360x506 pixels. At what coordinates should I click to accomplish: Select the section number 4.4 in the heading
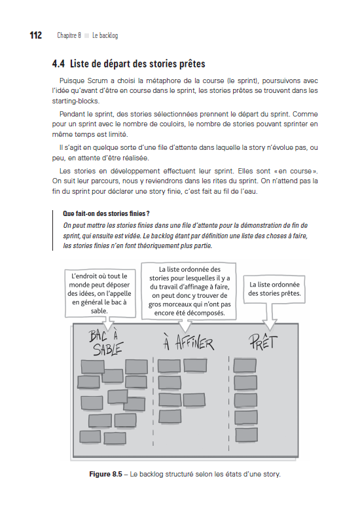[x=58, y=64]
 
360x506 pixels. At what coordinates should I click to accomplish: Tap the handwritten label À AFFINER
[x=188, y=342]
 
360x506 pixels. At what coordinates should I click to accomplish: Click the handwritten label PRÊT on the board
[x=264, y=340]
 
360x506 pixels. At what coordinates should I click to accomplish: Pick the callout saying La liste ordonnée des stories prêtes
[x=274, y=289]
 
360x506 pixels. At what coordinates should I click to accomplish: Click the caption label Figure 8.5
[x=108, y=474]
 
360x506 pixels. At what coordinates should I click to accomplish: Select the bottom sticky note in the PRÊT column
[x=246, y=434]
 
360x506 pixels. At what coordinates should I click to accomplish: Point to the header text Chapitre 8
[x=68, y=35]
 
